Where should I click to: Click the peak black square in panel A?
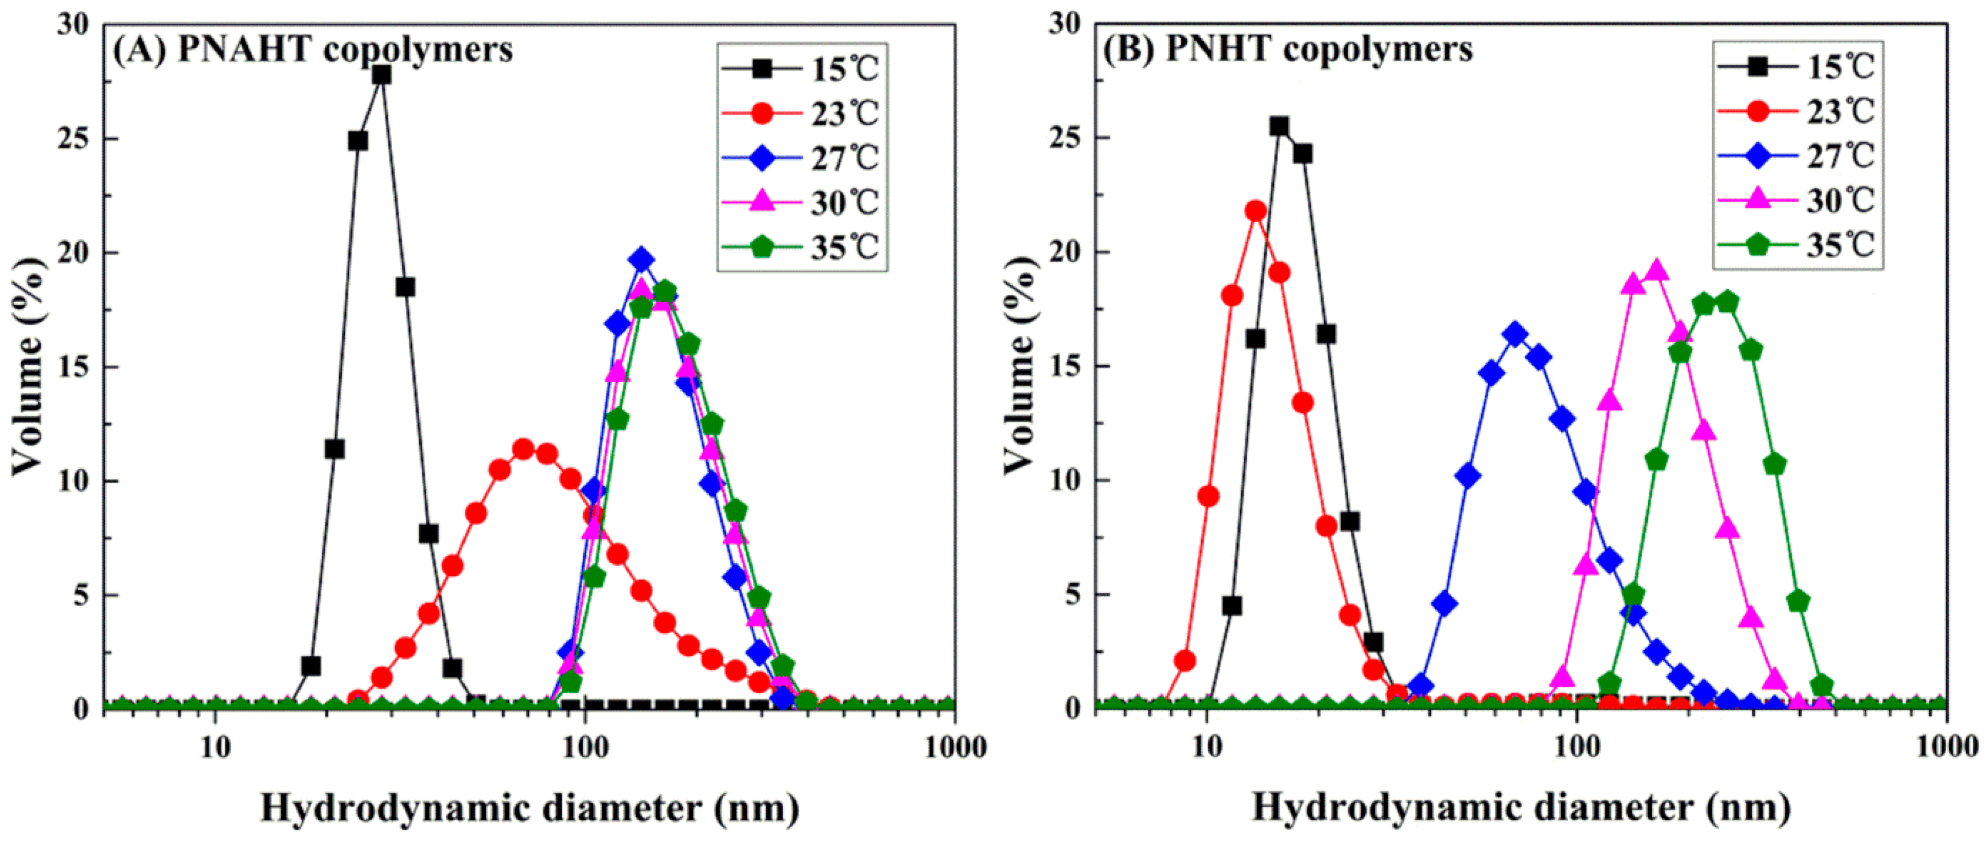pyautogui.click(x=381, y=75)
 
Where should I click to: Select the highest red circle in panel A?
pyautogui.click(x=523, y=449)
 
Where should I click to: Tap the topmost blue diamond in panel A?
pyautogui.click(x=641, y=260)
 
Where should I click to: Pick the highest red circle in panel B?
pyautogui.click(x=1256, y=210)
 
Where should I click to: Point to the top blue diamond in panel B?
pyautogui.click(x=1516, y=334)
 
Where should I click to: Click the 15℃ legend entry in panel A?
pyautogui.click(x=802, y=69)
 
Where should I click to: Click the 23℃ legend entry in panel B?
pyautogui.click(x=1797, y=112)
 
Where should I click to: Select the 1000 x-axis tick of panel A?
pyautogui.click(x=955, y=748)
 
